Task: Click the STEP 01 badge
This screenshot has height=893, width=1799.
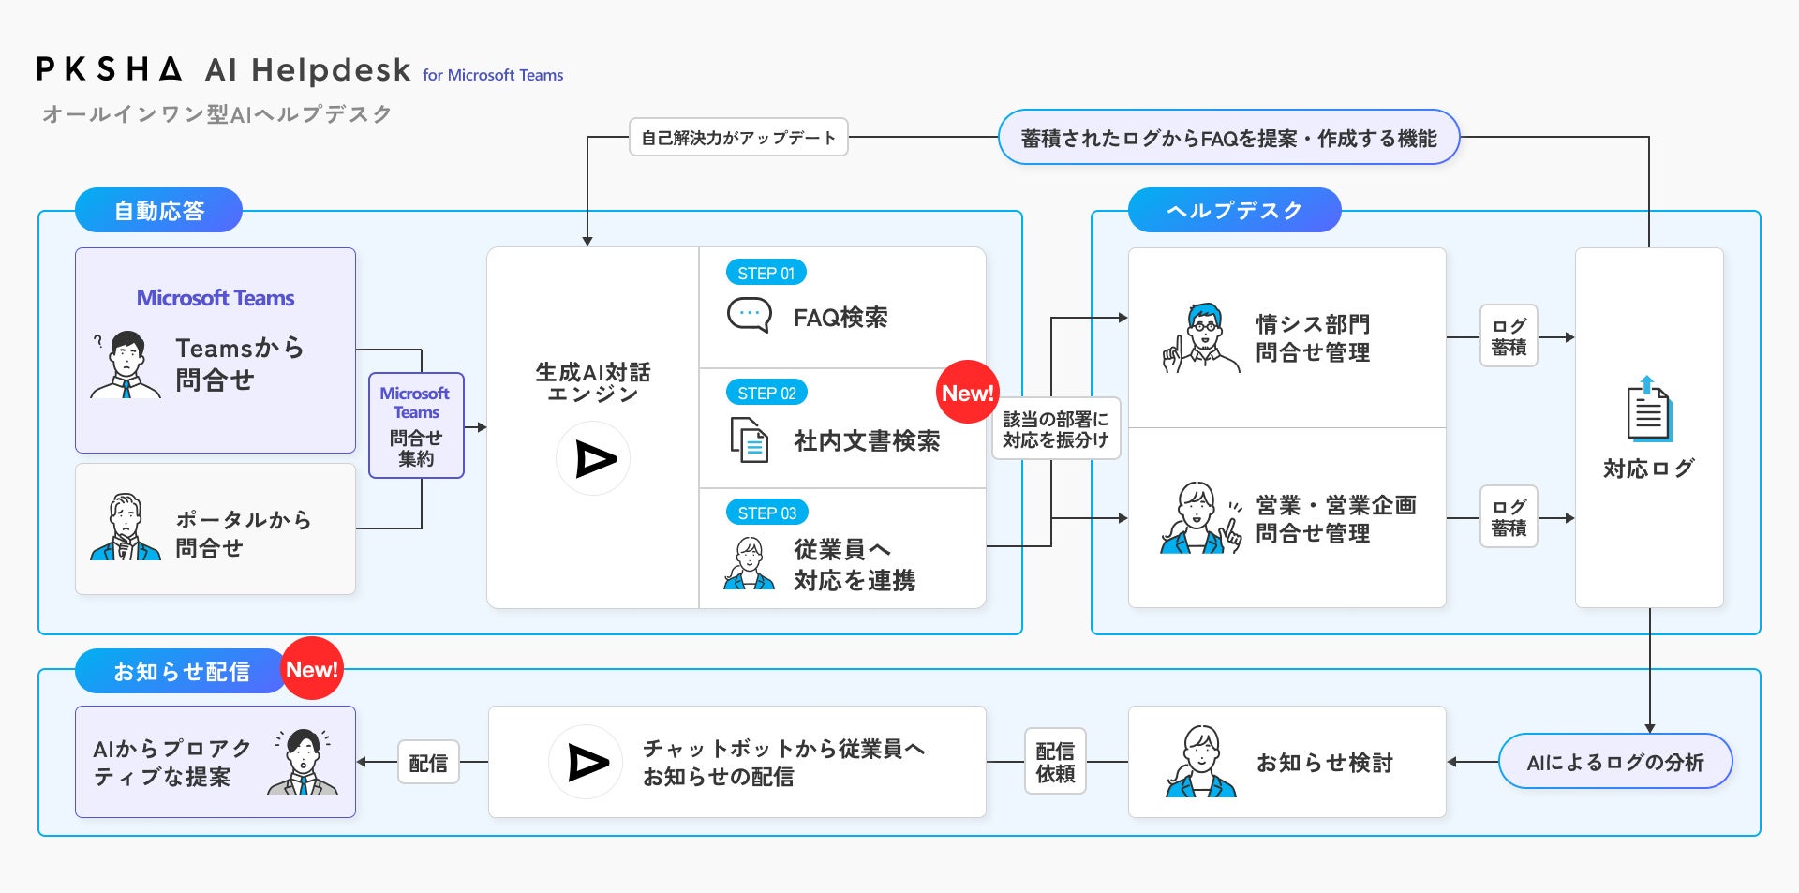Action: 766,273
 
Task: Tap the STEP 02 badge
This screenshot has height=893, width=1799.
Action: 766,393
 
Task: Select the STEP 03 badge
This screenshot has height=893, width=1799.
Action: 766,513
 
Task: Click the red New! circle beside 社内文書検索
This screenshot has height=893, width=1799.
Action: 967,393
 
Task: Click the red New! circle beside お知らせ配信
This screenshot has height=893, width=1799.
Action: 311,669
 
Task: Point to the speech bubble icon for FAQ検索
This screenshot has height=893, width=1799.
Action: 750,315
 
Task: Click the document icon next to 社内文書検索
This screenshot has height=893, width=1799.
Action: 750,439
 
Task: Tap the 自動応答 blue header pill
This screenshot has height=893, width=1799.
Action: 158,211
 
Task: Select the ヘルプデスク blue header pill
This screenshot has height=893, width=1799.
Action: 1234,211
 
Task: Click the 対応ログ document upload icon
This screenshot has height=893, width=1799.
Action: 1648,409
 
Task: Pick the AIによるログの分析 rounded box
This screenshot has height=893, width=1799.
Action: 1615,762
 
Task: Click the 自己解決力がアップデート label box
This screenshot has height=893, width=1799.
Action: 738,138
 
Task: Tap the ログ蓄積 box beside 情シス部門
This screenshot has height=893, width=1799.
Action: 1509,336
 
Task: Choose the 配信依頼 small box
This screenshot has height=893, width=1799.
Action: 1055,762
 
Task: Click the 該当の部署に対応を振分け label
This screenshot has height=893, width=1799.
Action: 1056,429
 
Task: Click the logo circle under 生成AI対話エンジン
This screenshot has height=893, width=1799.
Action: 593,458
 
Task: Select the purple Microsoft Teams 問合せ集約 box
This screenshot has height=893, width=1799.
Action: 416,425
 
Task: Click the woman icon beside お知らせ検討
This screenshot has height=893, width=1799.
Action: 1200,762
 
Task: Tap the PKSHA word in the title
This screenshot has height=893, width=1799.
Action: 109,69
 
